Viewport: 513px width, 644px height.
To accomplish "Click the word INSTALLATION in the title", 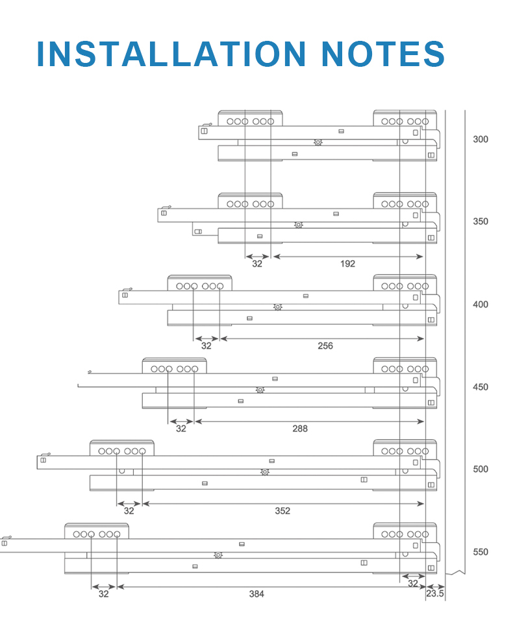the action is point(171,54).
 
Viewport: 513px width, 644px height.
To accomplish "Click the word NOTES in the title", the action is point(383,54).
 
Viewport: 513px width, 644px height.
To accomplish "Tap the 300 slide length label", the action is point(481,139).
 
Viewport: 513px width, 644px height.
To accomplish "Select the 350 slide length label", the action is point(481,221).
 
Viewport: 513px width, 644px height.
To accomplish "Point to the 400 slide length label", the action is point(481,304).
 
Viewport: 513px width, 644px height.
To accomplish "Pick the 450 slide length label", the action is point(481,387).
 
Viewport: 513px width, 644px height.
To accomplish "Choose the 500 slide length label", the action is point(481,469).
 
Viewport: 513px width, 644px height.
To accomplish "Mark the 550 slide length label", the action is point(481,552).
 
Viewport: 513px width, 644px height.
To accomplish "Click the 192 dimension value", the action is point(347,264).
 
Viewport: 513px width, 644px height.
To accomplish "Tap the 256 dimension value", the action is point(325,346).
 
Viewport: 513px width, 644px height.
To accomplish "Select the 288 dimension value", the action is point(300,429).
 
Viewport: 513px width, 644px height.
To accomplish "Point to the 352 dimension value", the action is point(282,511).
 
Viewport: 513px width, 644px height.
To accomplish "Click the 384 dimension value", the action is point(256,594).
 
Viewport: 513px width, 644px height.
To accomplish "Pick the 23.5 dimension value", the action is point(435,593).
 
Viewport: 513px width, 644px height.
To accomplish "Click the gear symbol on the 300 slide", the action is point(318,142).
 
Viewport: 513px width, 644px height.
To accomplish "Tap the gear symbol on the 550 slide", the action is point(218,555).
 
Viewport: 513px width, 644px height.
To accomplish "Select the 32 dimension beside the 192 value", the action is point(257,264).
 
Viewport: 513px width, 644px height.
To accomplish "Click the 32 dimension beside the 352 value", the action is point(129,511).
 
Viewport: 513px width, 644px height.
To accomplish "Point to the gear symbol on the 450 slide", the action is point(260,390).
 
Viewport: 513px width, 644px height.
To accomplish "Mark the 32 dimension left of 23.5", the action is point(413,583).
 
